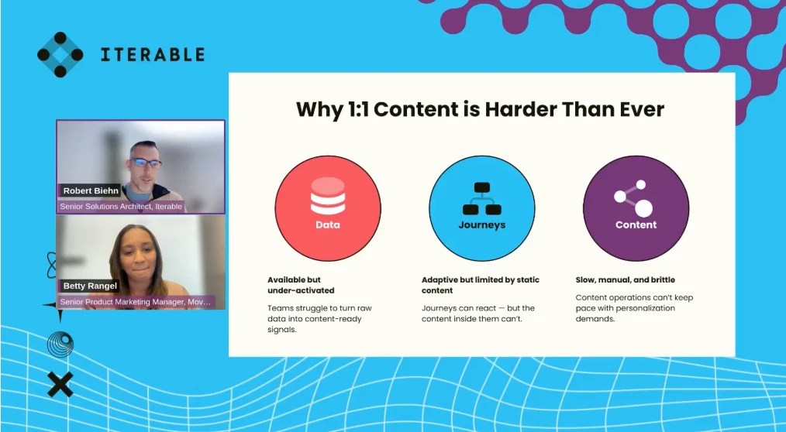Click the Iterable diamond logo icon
[x=60, y=54]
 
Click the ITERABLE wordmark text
[x=153, y=54]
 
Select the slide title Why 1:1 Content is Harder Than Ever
[x=480, y=109]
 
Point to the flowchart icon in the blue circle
[x=481, y=199]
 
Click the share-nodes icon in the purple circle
[x=633, y=198]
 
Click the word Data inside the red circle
[x=328, y=225]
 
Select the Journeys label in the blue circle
[x=481, y=225]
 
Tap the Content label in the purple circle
[x=636, y=225]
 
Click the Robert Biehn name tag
[x=90, y=190]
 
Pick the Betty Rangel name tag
[x=90, y=286]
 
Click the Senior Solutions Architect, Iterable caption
[x=121, y=206]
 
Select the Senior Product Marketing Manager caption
[x=136, y=302]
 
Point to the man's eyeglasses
[x=146, y=163]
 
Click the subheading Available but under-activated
[x=301, y=285]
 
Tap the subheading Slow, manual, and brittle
[x=625, y=279]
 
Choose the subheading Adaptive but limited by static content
[x=481, y=285]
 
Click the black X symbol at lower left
[x=60, y=385]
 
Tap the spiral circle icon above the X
[x=60, y=345]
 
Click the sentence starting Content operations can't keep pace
[x=634, y=308]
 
